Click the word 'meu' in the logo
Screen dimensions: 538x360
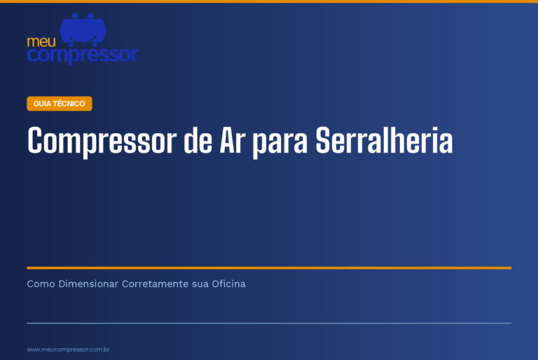click(41, 42)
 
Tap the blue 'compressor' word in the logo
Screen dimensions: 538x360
click(83, 55)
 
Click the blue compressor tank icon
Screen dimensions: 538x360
click(83, 30)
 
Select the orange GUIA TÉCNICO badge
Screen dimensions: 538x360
click(60, 104)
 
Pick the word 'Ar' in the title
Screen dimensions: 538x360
click(233, 140)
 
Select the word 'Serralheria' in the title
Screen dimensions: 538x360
click(384, 140)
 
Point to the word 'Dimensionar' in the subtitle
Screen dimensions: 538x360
click(88, 284)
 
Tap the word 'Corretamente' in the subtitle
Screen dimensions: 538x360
click(155, 284)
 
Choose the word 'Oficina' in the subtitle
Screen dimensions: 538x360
click(228, 284)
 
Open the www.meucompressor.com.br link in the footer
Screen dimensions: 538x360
click(68, 349)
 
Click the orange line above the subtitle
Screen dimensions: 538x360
click(269, 268)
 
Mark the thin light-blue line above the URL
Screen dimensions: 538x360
click(269, 324)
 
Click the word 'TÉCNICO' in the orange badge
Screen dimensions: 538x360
click(69, 104)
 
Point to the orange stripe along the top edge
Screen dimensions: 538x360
click(269, 1)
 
